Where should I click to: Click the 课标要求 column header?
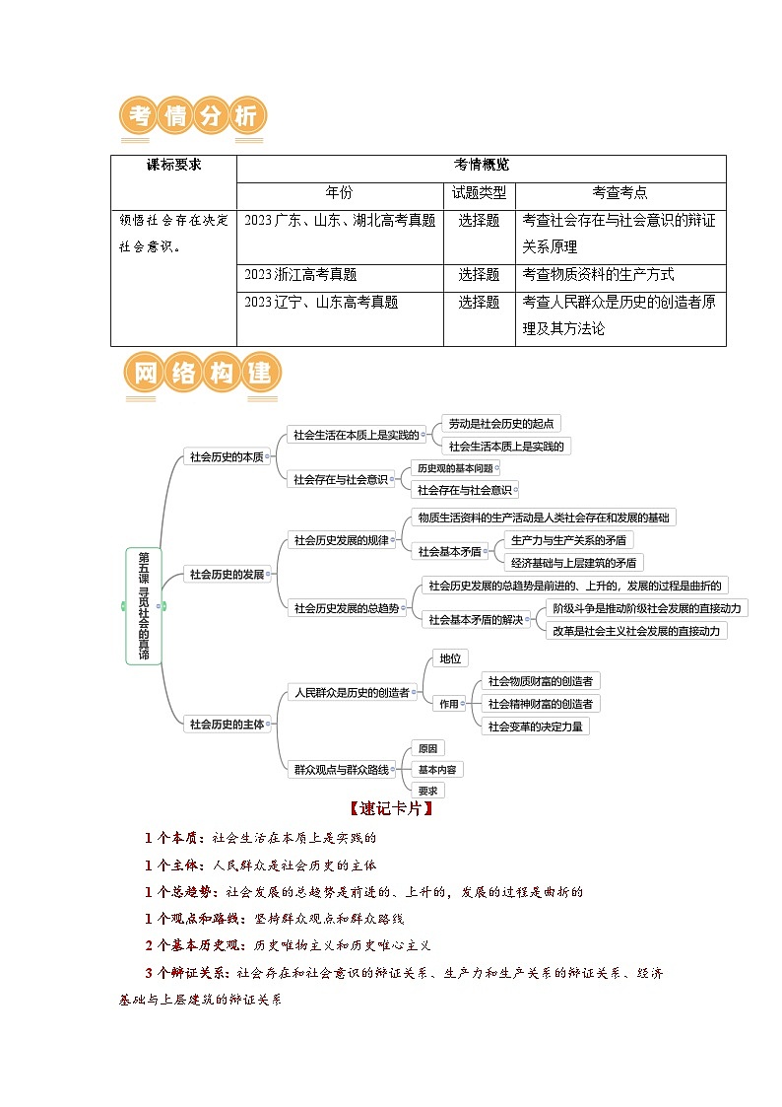(173, 166)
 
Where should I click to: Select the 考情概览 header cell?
(481, 166)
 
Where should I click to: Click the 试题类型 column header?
(479, 193)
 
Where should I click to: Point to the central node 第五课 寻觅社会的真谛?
(144, 605)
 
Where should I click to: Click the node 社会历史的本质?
(227, 456)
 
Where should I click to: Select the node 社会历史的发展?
(227, 574)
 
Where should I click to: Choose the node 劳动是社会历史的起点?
(500, 423)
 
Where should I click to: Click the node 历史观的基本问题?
(454, 468)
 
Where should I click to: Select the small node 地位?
(451, 658)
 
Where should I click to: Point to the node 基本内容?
(436, 769)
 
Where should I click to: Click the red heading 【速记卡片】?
(391, 808)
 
